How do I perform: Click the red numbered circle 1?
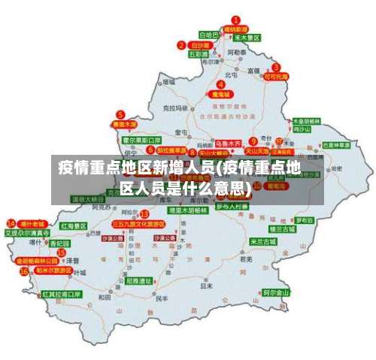click(x=235, y=20)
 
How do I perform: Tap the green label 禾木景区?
click(x=246, y=37)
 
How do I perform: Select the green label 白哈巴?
click(x=208, y=35)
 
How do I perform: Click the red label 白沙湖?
click(x=200, y=46)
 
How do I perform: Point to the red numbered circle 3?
click(x=266, y=66)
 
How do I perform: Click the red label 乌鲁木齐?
click(x=227, y=142)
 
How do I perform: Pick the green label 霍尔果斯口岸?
click(x=142, y=140)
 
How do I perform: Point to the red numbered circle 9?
click(x=253, y=141)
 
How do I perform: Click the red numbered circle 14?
click(x=11, y=223)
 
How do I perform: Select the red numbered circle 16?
click(x=24, y=271)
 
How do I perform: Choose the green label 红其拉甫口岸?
click(x=62, y=294)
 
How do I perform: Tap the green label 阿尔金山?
click(x=276, y=292)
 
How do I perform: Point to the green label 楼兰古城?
click(x=283, y=228)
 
